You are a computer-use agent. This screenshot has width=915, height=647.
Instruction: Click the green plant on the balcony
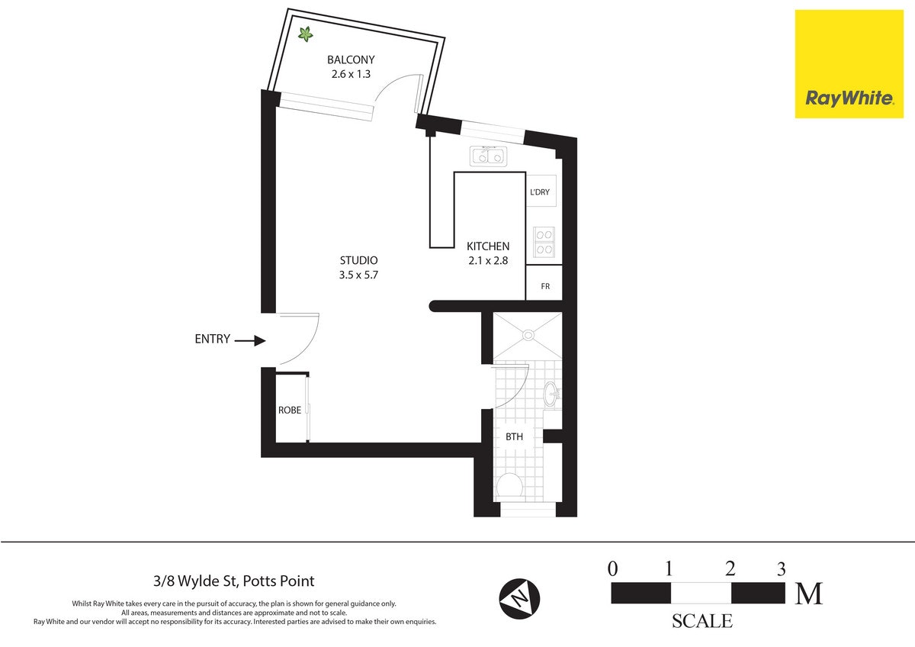(x=305, y=34)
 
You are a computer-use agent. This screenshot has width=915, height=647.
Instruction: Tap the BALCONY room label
(x=351, y=60)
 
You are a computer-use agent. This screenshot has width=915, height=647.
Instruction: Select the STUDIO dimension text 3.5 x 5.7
(x=358, y=275)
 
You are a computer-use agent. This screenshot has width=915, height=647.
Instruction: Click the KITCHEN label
(x=488, y=246)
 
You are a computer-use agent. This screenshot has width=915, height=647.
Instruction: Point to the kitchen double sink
(x=488, y=156)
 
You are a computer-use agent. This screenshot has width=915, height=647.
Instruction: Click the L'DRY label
(x=540, y=192)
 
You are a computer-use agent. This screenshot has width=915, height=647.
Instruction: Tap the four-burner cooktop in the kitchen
(x=544, y=242)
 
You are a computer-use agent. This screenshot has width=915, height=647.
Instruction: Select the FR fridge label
(x=545, y=287)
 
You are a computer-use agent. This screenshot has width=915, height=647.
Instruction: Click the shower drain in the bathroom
(x=528, y=335)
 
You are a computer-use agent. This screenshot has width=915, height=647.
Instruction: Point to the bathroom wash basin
(x=552, y=394)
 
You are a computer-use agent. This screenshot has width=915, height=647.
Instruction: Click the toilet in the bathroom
(x=510, y=486)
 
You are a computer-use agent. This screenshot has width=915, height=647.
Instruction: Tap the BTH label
(x=514, y=437)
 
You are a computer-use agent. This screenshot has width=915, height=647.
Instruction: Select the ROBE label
(x=290, y=410)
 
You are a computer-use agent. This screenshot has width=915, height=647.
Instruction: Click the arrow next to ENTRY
(x=251, y=340)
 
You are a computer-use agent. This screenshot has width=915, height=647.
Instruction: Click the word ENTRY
(x=213, y=340)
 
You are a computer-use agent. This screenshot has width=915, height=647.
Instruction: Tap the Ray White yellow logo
(x=849, y=64)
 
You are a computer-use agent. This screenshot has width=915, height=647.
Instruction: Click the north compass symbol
(x=519, y=599)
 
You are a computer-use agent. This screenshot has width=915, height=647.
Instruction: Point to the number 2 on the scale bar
(x=730, y=569)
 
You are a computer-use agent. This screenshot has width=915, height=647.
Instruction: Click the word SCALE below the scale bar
(x=702, y=621)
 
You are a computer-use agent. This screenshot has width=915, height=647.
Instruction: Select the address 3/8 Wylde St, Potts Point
(x=234, y=581)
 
